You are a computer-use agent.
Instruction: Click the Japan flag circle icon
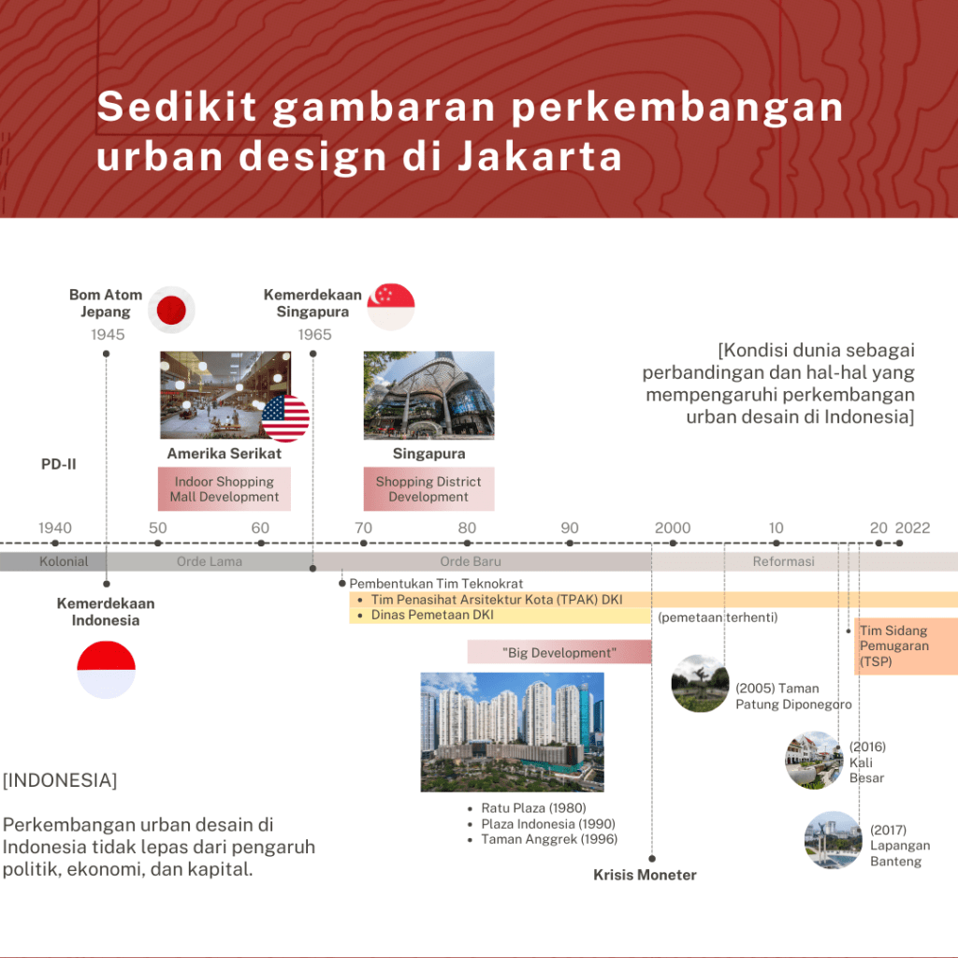171,310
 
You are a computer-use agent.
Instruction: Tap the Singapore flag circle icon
391,307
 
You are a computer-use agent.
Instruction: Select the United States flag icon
285,418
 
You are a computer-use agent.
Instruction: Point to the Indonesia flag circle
107,670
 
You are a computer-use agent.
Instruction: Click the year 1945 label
108,335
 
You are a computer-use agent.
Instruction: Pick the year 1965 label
314,335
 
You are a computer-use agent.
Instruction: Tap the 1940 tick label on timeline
55,528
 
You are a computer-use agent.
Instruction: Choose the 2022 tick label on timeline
913,528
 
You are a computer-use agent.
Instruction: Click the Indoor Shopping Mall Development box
225,488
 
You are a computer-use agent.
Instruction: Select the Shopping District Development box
428,488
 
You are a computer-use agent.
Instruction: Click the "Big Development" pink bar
559,652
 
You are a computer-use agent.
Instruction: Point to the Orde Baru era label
471,561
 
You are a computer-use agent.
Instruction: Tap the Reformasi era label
783,561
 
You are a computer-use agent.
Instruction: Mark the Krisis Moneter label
645,875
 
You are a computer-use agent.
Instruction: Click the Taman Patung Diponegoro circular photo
700,683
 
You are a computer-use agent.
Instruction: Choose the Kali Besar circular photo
814,760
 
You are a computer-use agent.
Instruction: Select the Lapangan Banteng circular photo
834,840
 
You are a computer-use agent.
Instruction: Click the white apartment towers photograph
512,732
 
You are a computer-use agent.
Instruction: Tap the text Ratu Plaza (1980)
533,808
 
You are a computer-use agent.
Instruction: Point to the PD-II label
59,464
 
